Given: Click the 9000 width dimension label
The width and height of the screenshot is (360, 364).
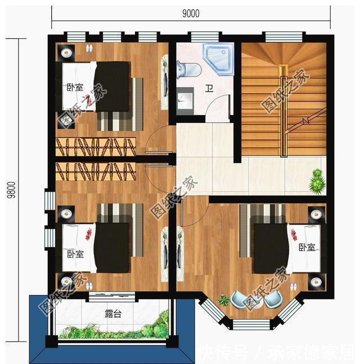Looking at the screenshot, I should (191, 13).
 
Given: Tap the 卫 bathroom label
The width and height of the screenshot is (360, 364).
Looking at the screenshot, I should (208, 88).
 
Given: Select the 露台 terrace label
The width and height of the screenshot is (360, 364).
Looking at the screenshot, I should (112, 313).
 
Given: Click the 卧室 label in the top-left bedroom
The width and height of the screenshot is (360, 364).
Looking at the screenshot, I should (75, 87).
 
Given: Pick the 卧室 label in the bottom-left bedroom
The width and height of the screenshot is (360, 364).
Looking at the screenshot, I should (75, 254).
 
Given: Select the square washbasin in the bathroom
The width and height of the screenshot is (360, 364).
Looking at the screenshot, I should (186, 101).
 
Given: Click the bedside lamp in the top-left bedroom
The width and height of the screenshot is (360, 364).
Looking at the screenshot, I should (66, 53).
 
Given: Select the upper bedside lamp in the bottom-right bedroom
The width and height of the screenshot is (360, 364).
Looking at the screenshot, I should (316, 214).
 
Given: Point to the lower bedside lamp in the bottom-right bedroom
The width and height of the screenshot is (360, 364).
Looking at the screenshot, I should (316, 280).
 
